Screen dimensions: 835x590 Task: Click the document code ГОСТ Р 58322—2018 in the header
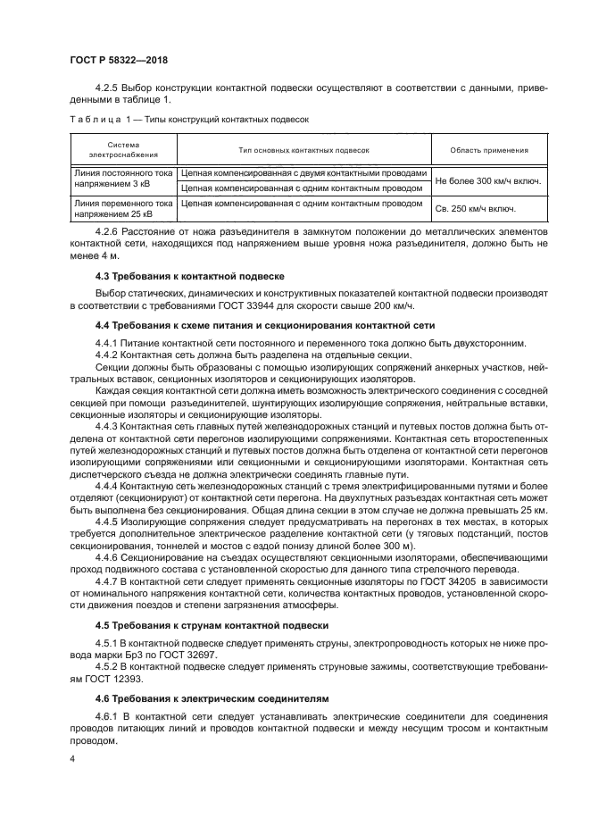(x=118, y=61)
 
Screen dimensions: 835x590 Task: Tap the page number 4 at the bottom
(x=73, y=758)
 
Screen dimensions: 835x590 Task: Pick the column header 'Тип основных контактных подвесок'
(x=303, y=151)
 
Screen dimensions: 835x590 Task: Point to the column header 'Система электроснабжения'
(x=123, y=151)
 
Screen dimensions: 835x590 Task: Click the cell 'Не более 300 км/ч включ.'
(x=488, y=181)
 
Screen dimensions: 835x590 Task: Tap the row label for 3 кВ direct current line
(x=123, y=181)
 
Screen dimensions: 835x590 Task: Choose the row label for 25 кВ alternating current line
(x=123, y=209)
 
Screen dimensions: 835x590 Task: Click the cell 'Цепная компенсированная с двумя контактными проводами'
(x=304, y=174)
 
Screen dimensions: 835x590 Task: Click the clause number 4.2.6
(x=107, y=231)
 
